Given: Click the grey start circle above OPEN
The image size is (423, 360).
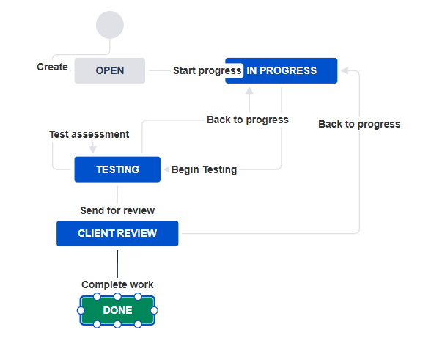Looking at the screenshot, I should point(109,25).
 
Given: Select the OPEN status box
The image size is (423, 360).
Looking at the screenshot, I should point(110,71).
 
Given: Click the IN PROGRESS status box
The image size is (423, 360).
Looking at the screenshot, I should point(282,71).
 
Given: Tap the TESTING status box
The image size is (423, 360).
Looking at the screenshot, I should point(117,169).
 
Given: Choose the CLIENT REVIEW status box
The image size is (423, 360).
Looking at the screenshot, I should point(117,234).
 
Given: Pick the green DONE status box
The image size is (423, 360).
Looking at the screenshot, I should point(117,311).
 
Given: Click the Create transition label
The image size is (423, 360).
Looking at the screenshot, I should point(52,67).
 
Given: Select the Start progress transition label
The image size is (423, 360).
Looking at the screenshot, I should point(207,71).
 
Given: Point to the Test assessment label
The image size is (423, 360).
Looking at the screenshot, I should point(89,134).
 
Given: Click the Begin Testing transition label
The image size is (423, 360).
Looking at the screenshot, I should point(204,169).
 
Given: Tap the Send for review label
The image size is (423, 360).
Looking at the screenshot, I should point(117,210).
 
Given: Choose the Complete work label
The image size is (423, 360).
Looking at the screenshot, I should point(117,284).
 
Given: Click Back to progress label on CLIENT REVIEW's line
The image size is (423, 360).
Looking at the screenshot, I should point(359,124).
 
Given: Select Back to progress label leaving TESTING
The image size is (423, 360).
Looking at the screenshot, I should point(248,120).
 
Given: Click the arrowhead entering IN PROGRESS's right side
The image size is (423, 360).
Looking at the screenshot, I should point(343,71).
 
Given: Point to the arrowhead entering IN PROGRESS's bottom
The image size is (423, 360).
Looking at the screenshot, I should point(249,90).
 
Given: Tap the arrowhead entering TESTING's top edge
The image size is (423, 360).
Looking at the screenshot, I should point(93,150).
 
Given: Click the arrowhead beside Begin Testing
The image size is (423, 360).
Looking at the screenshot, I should point(166,169).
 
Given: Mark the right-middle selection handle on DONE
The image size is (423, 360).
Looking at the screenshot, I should point(154,311).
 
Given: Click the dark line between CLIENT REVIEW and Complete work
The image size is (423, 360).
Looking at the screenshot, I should point(117,262).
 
